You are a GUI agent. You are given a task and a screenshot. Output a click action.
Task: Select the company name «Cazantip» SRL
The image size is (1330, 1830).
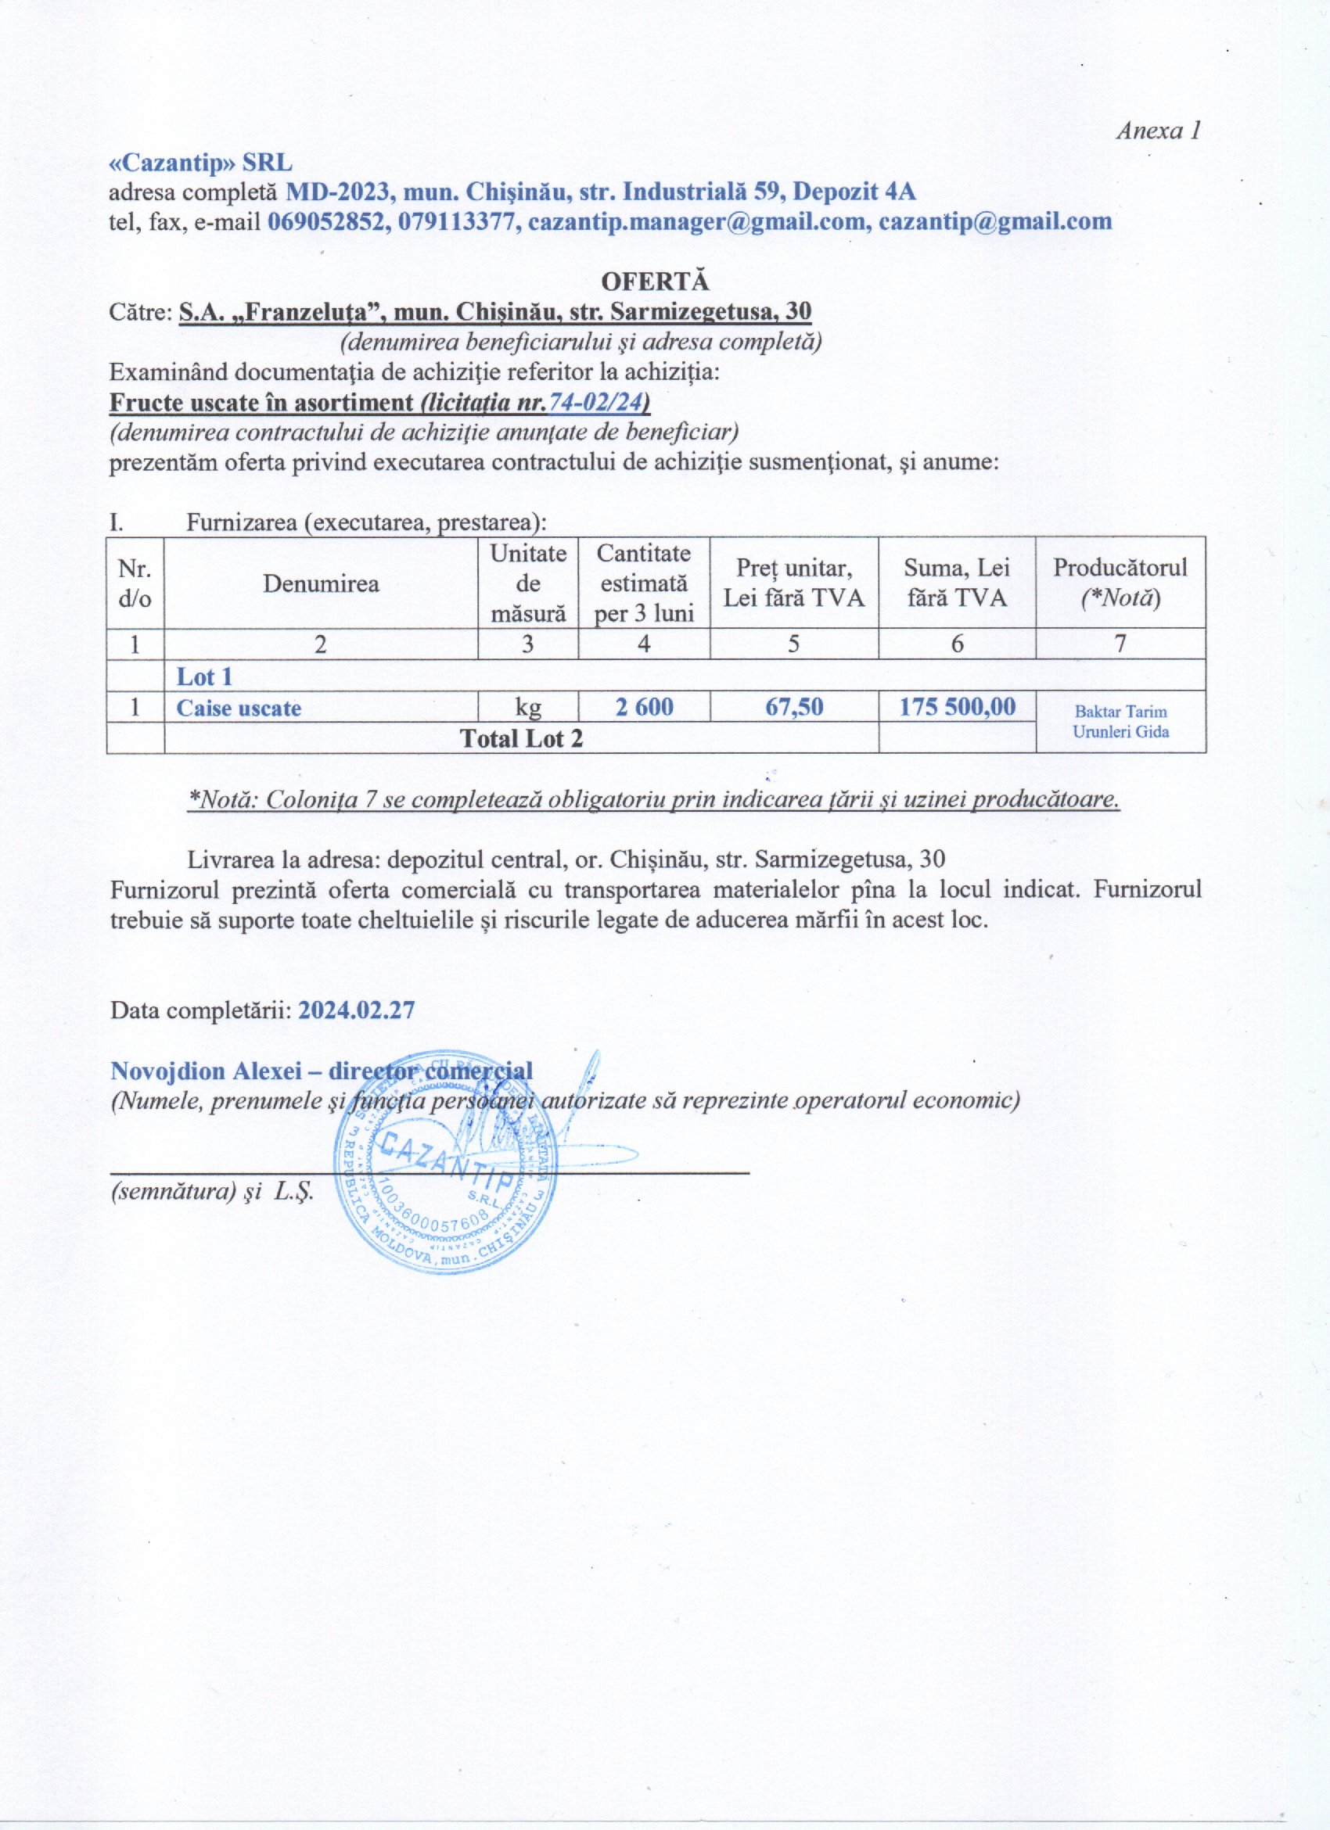pos(201,163)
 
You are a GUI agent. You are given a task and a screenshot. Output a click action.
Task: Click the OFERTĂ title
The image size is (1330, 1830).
pos(655,282)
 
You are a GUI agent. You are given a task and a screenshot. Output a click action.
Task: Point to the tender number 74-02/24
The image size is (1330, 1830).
pos(598,402)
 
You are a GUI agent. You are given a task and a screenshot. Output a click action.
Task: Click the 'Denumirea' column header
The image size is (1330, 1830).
pos(321,583)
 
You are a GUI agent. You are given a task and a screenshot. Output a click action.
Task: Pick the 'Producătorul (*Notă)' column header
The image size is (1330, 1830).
pos(1120,583)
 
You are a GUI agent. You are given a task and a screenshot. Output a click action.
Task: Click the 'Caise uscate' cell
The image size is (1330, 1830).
pos(239,708)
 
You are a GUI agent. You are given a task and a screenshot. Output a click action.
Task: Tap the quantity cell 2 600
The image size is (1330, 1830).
pos(643,708)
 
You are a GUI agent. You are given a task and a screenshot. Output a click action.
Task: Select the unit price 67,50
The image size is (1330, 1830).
pos(794,708)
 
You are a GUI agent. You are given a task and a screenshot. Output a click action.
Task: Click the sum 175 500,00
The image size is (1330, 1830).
pos(957,708)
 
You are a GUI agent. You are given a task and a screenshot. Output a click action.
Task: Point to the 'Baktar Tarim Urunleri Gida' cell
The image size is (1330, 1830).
pos(1120,722)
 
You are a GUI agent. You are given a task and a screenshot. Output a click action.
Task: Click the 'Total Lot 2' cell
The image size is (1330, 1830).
pos(520,738)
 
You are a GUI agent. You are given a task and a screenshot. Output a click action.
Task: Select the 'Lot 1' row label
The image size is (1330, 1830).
pos(204,676)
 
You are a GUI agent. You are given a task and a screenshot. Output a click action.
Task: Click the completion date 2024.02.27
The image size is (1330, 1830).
pos(357,1010)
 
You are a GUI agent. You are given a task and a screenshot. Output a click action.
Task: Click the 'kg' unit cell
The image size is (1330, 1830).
pos(528,708)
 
